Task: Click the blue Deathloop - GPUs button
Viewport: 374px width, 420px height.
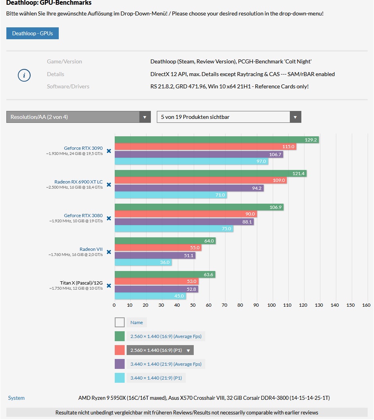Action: click(33, 33)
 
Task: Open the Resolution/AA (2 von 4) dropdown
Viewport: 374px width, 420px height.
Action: click(78, 117)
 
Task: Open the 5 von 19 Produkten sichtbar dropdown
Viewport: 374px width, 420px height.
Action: click(229, 117)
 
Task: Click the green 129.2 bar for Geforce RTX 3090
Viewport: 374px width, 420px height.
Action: click(216, 140)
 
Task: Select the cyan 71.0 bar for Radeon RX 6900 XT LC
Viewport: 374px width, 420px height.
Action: click(170, 195)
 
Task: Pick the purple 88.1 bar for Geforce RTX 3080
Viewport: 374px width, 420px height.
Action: click(184, 222)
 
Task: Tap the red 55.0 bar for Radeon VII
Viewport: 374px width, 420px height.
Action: click(158, 248)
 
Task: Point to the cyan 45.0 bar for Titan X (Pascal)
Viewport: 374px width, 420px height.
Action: click(150, 296)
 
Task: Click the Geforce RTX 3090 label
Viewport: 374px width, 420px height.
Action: click(83, 148)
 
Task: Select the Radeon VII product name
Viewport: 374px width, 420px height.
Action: click(91, 249)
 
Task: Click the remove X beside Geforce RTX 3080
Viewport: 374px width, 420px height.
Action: click(109, 218)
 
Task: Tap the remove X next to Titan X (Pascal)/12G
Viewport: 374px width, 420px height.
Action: click(109, 286)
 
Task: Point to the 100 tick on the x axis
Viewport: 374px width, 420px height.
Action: click(272, 305)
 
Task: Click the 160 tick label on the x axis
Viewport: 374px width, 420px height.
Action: click(366, 305)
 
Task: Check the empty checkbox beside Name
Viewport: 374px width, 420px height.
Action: click(120, 323)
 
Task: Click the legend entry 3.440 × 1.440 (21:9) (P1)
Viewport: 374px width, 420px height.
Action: click(156, 378)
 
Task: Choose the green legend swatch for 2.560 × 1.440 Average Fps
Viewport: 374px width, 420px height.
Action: click(120, 336)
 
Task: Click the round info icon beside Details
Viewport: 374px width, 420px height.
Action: click(24, 75)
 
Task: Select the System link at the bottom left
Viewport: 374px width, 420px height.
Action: click(16, 398)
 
